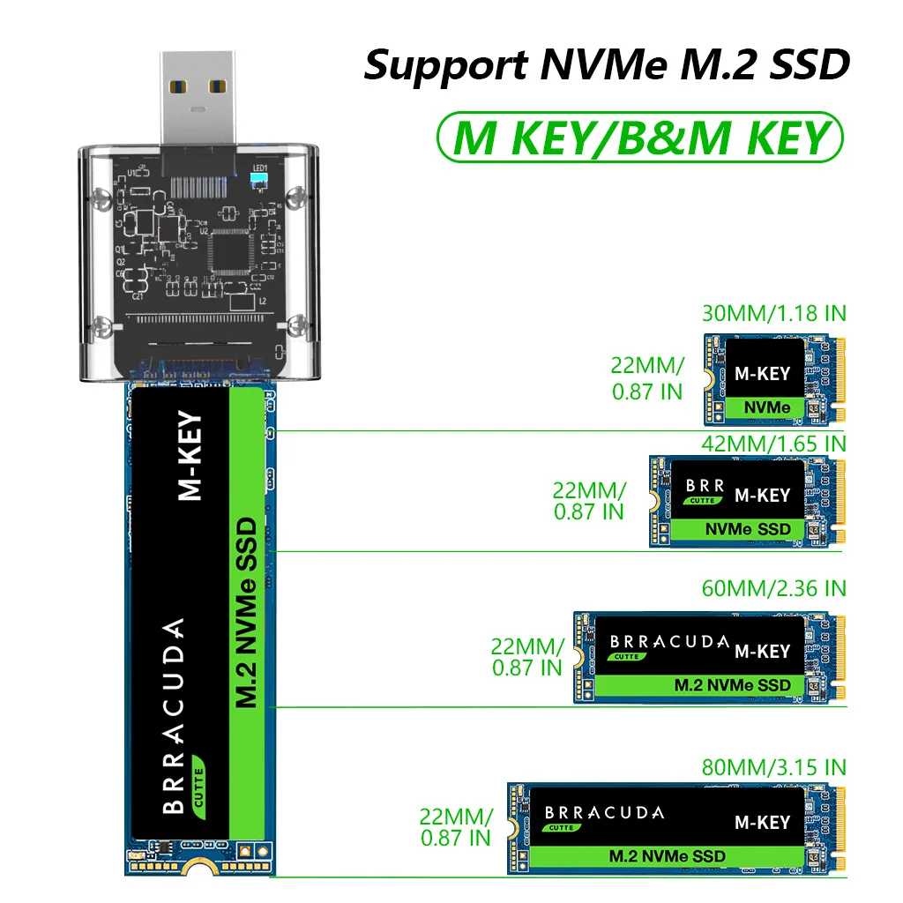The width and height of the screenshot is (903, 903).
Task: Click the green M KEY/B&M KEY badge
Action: (x=640, y=138)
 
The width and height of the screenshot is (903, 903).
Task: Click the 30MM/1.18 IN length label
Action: (x=773, y=313)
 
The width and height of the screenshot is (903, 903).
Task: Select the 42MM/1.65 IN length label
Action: (x=773, y=443)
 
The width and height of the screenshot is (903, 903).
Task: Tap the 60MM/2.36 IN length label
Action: (x=773, y=588)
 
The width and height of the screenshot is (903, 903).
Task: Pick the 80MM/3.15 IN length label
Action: (x=773, y=766)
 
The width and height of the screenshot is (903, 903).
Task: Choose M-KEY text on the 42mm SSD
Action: (x=763, y=496)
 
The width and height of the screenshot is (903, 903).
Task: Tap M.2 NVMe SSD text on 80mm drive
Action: (x=668, y=856)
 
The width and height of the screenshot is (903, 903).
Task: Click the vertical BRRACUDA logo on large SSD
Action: (x=175, y=714)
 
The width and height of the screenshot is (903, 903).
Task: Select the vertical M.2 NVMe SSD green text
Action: (x=248, y=613)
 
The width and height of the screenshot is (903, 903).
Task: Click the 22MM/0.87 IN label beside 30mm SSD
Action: (x=647, y=378)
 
